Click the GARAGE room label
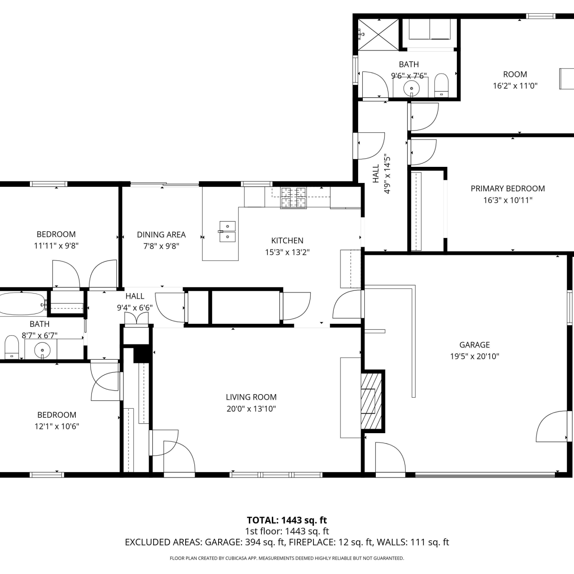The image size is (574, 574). [475, 345]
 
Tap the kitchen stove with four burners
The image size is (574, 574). [294, 197]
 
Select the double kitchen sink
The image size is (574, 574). [227, 232]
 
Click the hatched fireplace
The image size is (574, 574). [371, 401]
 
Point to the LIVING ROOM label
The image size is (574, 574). [251, 397]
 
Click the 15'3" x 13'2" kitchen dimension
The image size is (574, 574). [287, 252]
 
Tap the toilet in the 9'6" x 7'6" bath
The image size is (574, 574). [441, 85]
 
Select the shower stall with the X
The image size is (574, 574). [378, 34]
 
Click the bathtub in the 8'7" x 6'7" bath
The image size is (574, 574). [22, 304]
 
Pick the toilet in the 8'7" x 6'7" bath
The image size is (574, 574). [11, 347]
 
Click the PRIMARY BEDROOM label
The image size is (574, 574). [507, 189]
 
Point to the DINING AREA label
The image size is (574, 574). [161, 235]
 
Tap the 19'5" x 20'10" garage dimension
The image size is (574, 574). [475, 356]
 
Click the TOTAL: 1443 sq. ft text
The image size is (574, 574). [287, 520]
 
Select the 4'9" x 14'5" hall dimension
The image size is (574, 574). [387, 174]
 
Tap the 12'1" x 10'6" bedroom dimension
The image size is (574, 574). [57, 426]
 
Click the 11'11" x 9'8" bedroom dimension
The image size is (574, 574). [56, 246]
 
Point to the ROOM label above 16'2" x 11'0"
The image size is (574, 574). [515, 74]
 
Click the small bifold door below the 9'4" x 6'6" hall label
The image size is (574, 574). [137, 319]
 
